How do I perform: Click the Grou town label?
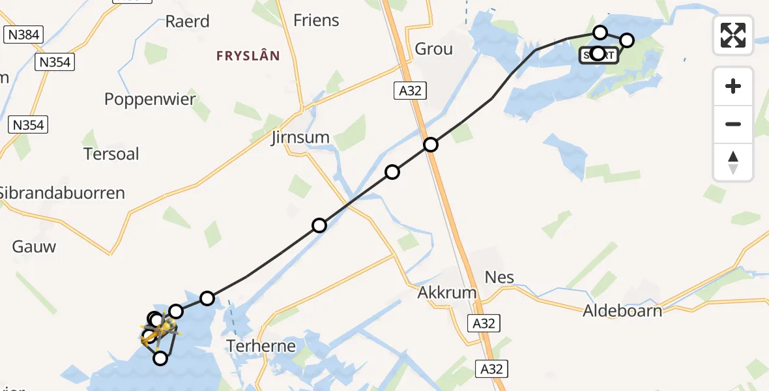(x=433, y=49)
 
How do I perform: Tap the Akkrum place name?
(x=446, y=293)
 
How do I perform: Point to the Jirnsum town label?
(x=300, y=138)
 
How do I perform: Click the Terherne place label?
(x=261, y=345)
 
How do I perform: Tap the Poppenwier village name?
(x=150, y=99)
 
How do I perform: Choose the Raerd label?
(x=187, y=22)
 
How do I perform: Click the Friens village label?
(x=316, y=20)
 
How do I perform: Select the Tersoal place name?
(x=111, y=154)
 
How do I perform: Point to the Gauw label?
(x=34, y=246)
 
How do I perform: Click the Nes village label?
(x=499, y=277)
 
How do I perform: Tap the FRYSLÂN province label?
(x=248, y=56)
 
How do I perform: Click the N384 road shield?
(x=23, y=35)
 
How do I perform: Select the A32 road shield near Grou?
(x=410, y=91)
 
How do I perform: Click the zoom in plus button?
(x=733, y=86)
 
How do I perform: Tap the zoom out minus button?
(x=733, y=124)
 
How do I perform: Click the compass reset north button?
(x=733, y=162)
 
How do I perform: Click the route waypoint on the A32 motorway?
(x=430, y=145)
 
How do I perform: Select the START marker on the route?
(x=598, y=54)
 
